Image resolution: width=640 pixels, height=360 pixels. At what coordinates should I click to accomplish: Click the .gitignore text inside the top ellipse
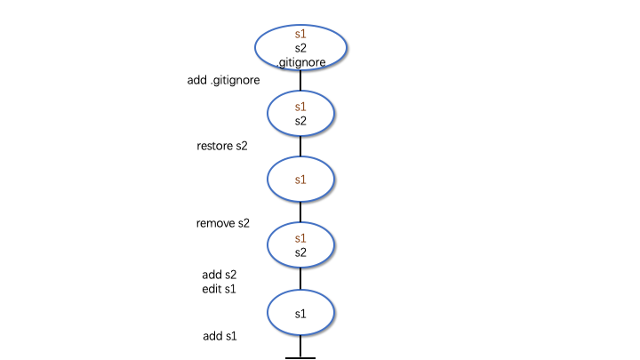[x=301, y=62]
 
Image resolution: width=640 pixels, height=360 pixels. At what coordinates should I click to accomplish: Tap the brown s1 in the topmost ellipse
[x=300, y=34]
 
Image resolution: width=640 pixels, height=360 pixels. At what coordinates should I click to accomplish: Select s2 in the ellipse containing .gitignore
[x=300, y=48]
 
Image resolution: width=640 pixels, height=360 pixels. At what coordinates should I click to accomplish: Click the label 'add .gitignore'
[x=223, y=80]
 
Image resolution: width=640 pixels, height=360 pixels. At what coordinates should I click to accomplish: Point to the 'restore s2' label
[x=222, y=146]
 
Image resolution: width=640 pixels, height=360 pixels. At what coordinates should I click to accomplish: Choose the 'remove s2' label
[x=222, y=223]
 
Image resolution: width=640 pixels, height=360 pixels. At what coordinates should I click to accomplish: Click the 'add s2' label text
[x=220, y=275]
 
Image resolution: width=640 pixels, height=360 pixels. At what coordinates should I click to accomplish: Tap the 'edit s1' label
[x=219, y=289]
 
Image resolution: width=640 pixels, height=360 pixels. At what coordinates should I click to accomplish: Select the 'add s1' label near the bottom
[x=220, y=336]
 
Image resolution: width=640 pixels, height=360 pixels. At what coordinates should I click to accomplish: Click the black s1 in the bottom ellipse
[x=300, y=314]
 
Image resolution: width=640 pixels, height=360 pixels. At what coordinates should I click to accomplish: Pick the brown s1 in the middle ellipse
[x=300, y=180]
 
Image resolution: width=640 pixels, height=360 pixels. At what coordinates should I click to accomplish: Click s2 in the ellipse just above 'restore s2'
[x=300, y=121]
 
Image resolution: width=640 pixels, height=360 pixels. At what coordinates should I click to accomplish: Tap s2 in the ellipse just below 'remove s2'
[x=300, y=252]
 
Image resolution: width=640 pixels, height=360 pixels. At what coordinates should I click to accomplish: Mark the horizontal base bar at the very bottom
[x=300, y=358]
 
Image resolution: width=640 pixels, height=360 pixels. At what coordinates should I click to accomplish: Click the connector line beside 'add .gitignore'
[x=300, y=80]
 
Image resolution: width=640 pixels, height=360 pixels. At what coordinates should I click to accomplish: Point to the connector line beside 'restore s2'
[x=300, y=146]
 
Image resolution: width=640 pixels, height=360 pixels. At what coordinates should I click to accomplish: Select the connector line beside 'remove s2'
[x=300, y=212]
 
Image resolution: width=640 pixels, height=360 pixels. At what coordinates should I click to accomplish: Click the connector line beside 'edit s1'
[x=300, y=279]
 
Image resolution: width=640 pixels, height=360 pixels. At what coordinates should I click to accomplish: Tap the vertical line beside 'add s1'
[x=300, y=346]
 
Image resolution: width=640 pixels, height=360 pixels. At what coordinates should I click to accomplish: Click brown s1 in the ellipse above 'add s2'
[x=300, y=238]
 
